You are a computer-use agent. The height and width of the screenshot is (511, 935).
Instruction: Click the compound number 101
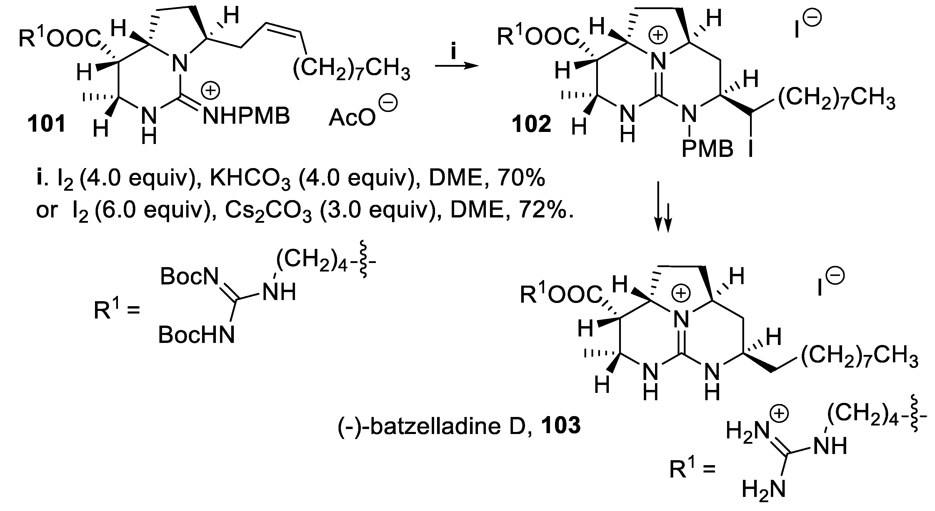(47, 124)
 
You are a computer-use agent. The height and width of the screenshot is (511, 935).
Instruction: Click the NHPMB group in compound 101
(246, 116)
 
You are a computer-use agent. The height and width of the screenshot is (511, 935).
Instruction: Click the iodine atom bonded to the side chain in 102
(751, 149)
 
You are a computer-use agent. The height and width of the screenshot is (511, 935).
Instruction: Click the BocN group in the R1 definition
(189, 277)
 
